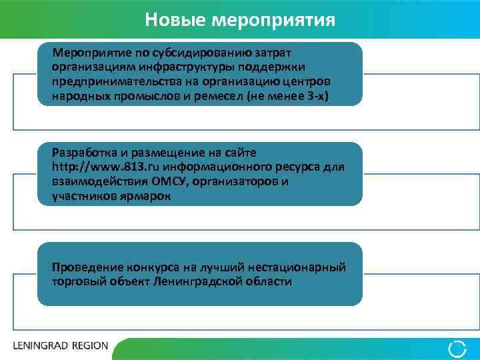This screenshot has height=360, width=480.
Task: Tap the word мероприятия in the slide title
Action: (x=273, y=19)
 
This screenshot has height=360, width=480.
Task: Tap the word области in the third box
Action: (x=270, y=282)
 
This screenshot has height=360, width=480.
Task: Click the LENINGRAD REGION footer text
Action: (x=60, y=346)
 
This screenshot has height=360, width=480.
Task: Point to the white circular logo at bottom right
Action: (x=457, y=347)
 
